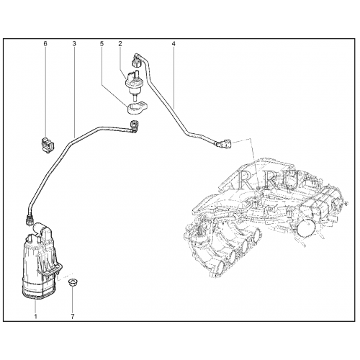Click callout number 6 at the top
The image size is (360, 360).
45,44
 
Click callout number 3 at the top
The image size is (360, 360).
74,44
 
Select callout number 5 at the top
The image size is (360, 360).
102,44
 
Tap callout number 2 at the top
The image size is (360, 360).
120,44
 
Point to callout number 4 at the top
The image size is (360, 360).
174,44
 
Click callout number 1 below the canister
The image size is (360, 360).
36,316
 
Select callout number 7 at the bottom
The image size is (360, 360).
73,316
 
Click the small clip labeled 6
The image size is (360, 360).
48,145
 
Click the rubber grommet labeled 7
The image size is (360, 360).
73,282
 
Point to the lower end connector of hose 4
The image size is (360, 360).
225,144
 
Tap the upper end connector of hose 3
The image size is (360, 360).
133,127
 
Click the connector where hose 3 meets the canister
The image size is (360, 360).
29,220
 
